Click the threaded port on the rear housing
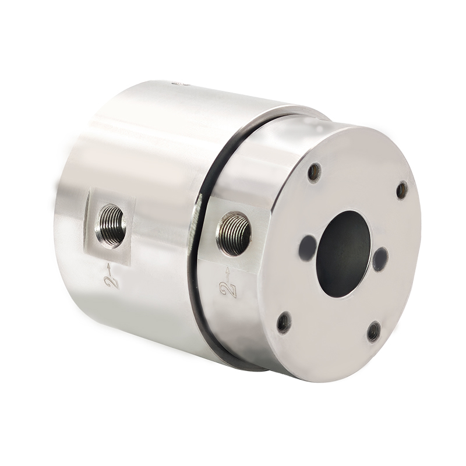[x=111, y=226]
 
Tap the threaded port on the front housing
[x=234, y=234]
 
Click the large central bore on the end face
[x=344, y=253]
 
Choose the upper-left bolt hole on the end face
[x=315, y=172]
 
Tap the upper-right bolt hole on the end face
[x=402, y=190]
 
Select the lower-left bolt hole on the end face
[x=284, y=323]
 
